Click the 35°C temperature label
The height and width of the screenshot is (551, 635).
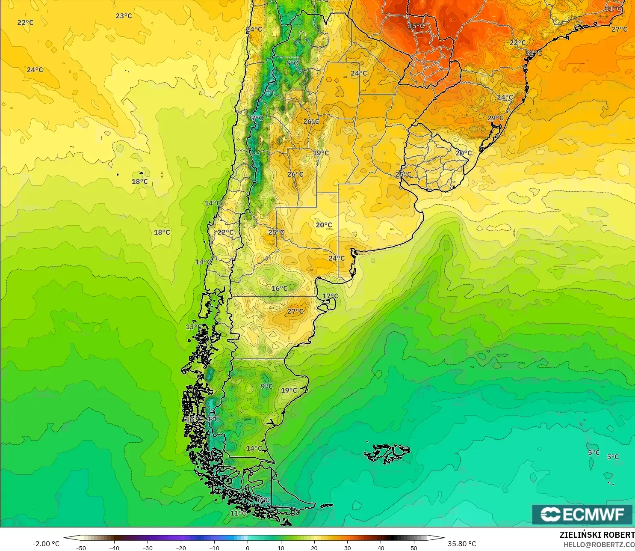pyautogui.click(x=416, y=26)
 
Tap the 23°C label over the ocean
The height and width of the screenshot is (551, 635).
pyautogui.click(x=124, y=16)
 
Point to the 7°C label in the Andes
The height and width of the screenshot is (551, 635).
pyautogui.click(x=257, y=118)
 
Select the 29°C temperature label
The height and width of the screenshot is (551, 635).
pyautogui.click(x=496, y=118)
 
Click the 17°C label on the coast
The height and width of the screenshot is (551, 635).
pyautogui.click(x=330, y=296)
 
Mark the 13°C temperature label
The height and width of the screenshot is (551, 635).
pyautogui.click(x=193, y=327)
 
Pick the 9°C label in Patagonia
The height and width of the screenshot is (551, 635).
pyautogui.click(x=266, y=387)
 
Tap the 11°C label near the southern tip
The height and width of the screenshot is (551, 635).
pyautogui.click(x=238, y=513)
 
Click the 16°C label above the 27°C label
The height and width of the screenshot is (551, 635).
pyautogui.click(x=280, y=289)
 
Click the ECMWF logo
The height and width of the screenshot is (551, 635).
pyautogui.click(x=582, y=514)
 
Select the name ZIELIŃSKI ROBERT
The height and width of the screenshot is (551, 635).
pyautogui.click(x=597, y=535)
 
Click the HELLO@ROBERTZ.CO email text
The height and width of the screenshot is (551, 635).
pyautogui.click(x=599, y=545)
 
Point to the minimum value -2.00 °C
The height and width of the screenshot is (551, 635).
pyautogui.click(x=46, y=544)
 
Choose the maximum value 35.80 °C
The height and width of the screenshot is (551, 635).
pyautogui.click(x=462, y=544)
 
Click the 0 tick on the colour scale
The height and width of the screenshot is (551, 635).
pyautogui.click(x=248, y=548)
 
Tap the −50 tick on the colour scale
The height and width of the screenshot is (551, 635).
pyautogui.click(x=80, y=548)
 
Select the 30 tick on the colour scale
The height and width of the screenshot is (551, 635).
pyautogui.click(x=348, y=548)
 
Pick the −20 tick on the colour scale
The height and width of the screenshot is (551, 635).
pyautogui.click(x=181, y=548)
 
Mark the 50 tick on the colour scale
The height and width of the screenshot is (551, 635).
pyautogui.click(x=414, y=548)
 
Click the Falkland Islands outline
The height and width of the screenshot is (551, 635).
pyautogui.click(x=387, y=453)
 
